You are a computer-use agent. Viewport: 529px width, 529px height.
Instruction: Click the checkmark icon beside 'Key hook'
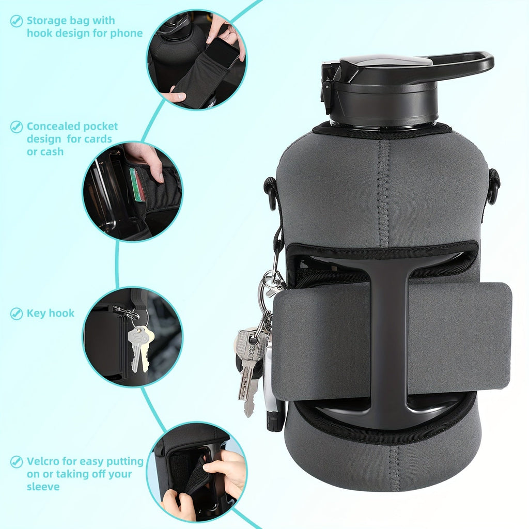pos(16,314)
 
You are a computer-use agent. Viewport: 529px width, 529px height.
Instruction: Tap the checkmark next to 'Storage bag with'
pos(16,21)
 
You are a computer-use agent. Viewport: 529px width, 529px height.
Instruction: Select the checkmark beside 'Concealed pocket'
pos(16,127)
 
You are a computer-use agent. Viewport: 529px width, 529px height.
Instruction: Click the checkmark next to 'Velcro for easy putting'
pos(16,461)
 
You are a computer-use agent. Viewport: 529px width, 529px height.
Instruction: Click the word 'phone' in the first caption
pos(127,34)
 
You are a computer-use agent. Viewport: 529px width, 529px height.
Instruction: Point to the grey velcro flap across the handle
pos(392,341)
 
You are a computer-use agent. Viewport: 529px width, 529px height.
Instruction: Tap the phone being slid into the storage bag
pos(223,54)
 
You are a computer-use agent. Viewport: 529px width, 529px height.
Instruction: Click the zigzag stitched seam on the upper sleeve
pos(383,192)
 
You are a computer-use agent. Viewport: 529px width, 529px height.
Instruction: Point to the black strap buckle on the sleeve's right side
pos(494,186)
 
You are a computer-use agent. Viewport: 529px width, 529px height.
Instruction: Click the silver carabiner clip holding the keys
pos(274,284)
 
